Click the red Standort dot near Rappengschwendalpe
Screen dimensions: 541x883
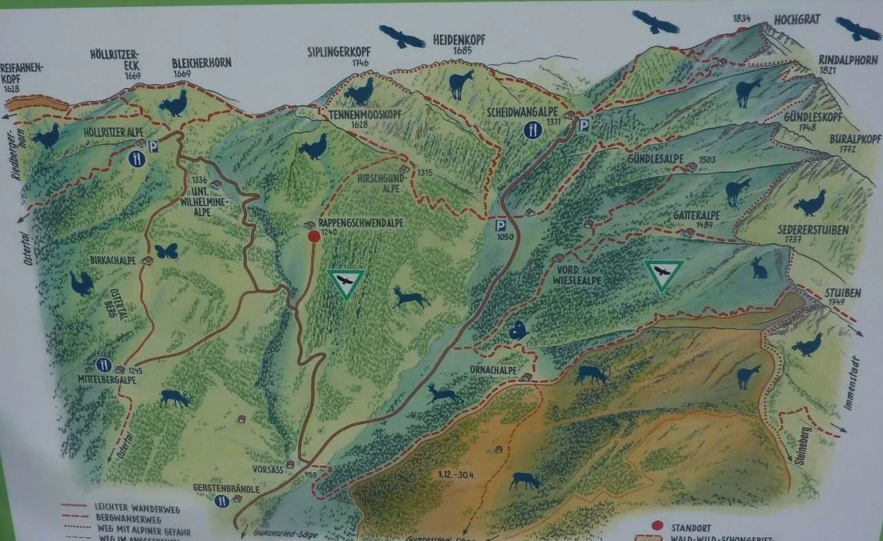pos(314,236)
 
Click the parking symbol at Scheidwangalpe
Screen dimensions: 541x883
pos(584,125)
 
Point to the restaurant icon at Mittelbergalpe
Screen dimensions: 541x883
pos(104,364)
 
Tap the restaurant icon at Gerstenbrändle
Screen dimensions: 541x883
pos(221,501)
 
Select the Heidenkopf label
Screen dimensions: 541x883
pos(459,40)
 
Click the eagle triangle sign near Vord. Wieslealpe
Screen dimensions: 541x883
pos(664,274)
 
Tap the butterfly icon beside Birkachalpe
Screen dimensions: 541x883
pos(166,251)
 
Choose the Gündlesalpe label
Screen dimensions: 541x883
pos(655,159)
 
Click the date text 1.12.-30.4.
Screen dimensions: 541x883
pos(460,475)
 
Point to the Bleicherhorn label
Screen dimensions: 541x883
pos(201,63)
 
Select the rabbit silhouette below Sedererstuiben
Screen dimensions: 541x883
pos(760,267)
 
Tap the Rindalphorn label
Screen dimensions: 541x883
pos(849,59)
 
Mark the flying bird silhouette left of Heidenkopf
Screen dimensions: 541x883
pos(401,37)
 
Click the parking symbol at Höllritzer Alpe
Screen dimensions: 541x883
pos(153,146)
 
